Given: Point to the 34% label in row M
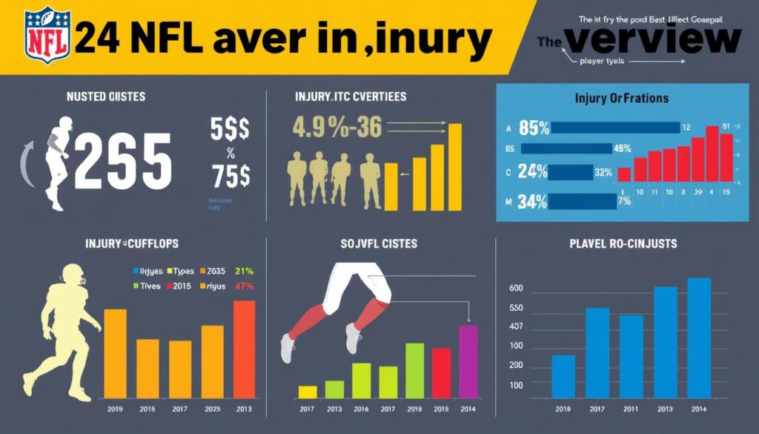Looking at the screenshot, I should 534,201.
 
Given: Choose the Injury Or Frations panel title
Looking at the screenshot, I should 621,98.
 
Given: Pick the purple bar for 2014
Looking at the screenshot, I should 468,361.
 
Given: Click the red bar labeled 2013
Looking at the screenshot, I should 244,349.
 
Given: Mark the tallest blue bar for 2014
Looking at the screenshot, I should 699,337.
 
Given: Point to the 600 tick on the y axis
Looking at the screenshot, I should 515,289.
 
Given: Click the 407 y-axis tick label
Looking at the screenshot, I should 515,327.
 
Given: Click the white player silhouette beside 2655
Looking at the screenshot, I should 57,160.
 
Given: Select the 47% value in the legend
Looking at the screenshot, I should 244,286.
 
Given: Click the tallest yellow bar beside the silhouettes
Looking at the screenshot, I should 455,167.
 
